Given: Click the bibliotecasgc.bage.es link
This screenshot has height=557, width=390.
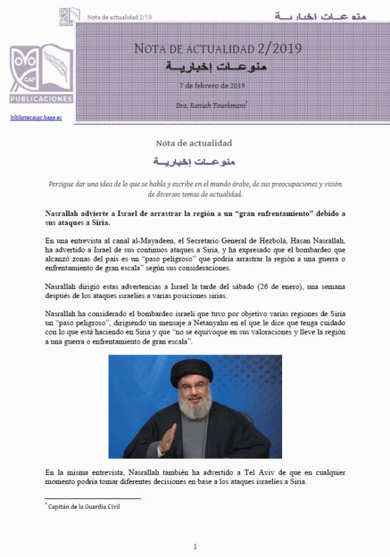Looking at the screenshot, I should tap(36, 117).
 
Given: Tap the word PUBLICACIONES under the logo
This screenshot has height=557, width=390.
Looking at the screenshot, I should tap(41, 99).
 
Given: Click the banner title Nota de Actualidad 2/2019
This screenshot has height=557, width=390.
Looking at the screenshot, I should tap(217, 49).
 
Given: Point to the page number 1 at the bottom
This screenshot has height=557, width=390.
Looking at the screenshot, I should tap(195, 546).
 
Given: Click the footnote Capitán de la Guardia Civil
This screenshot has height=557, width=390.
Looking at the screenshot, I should tap(83, 506).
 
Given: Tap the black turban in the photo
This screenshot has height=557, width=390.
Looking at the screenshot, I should tap(192, 373).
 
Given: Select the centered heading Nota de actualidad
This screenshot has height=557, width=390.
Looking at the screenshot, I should tap(194, 143).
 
